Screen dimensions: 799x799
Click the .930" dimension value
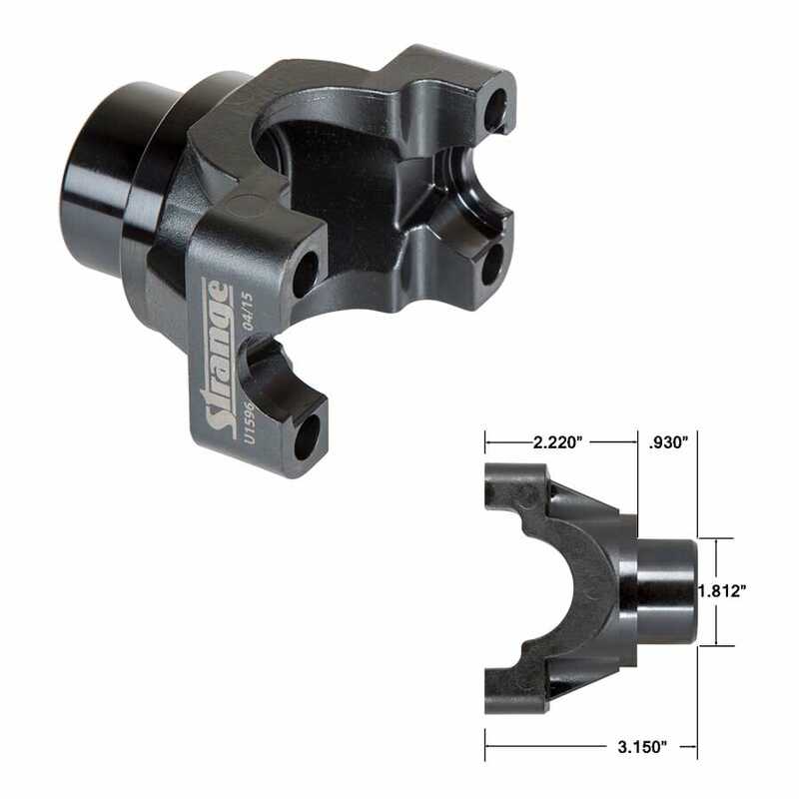[x=668, y=440]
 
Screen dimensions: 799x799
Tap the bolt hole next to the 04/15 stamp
[x=305, y=273]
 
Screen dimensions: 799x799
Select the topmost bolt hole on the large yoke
[x=495, y=110]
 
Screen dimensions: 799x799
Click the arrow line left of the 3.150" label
[x=544, y=745]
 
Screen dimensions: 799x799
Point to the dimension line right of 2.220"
[x=613, y=440]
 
